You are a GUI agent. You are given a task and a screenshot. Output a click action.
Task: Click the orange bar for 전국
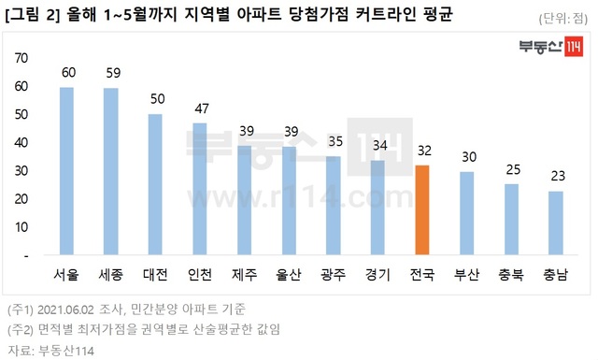coord(421,209)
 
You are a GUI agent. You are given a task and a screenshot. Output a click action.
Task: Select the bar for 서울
coord(66,171)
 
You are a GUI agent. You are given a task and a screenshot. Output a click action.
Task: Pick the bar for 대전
coord(155,184)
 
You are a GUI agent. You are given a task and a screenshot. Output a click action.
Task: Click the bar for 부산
coord(466,213)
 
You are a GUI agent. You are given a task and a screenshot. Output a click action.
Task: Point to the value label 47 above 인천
coord(199,108)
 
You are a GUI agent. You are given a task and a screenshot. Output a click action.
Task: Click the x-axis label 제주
coord(244,276)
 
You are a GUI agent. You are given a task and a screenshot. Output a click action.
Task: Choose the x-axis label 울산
coord(289,276)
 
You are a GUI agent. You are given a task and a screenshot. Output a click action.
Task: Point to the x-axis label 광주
coord(333,276)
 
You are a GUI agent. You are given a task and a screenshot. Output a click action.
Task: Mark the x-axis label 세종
coord(111,276)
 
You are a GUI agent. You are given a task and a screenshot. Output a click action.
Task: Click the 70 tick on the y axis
coord(21,58)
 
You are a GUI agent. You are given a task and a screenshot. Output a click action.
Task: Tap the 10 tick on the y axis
coord(21,227)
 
